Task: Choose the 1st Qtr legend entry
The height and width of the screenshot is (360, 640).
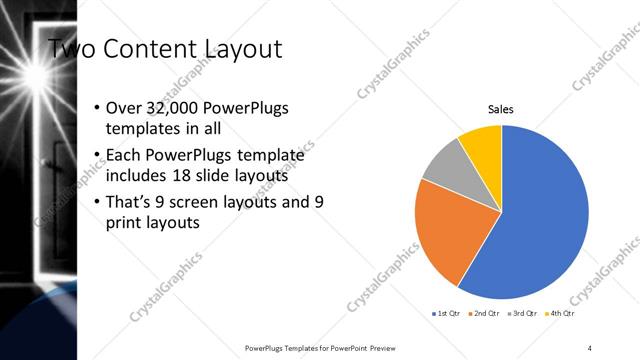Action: pos(446,314)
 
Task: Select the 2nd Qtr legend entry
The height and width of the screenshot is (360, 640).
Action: pos(486,314)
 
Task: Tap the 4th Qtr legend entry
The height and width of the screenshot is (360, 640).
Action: pos(562,314)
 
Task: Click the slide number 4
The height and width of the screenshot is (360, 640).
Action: pos(591,347)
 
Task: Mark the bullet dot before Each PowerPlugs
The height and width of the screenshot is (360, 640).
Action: pos(95,157)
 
